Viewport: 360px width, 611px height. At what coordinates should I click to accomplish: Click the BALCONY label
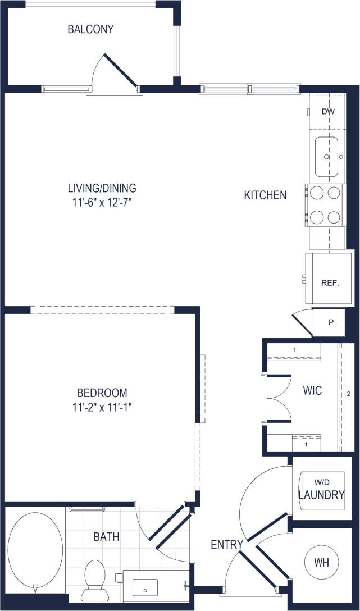[90, 29]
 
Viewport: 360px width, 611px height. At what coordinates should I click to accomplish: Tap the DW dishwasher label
[328, 111]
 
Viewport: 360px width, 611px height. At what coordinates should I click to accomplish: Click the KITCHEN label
[265, 195]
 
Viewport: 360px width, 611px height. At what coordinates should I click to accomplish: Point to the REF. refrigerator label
[330, 283]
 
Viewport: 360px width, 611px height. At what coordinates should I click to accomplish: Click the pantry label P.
[332, 323]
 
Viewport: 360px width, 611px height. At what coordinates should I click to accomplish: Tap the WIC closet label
[312, 390]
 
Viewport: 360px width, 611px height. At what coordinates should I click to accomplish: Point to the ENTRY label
[227, 544]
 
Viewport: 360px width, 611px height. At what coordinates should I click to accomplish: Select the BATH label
[106, 537]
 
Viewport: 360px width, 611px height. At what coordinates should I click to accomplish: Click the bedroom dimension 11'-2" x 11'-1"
[102, 406]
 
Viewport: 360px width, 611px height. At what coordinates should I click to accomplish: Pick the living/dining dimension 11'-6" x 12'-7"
[102, 201]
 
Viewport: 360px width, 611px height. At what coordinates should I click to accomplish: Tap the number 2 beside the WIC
[349, 393]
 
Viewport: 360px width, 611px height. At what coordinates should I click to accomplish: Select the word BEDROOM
[102, 393]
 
